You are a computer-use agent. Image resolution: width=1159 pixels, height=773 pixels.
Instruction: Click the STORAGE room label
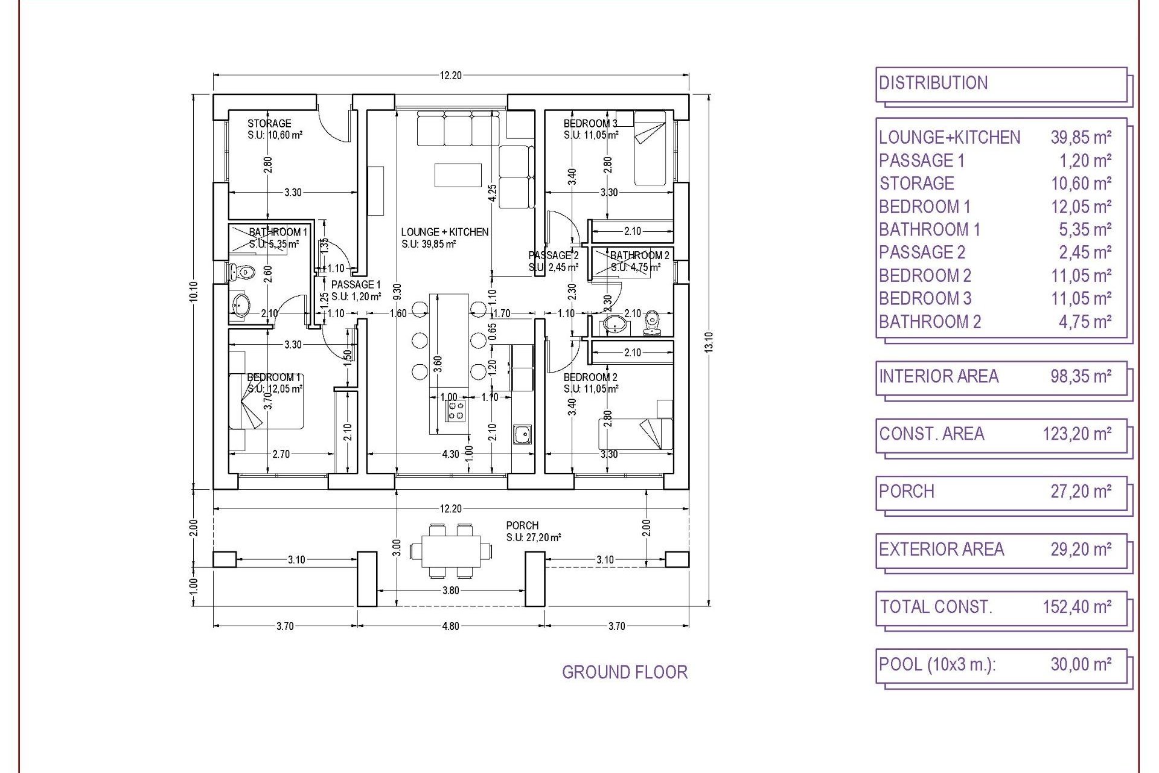click(x=269, y=123)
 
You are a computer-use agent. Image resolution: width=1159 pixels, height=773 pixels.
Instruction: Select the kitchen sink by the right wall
click(x=522, y=433)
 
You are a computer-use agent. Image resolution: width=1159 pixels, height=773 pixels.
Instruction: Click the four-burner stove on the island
click(x=456, y=411)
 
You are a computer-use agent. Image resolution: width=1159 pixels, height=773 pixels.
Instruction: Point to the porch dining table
click(x=451, y=551)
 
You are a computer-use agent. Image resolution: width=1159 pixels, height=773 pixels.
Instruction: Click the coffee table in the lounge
click(x=458, y=175)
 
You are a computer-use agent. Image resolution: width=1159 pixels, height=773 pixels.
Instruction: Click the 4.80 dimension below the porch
click(x=450, y=626)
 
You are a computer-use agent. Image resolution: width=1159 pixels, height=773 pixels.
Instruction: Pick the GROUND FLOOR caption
click(x=625, y=672)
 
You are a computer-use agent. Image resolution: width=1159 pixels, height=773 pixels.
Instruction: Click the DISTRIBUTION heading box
click(x=1001, y=83)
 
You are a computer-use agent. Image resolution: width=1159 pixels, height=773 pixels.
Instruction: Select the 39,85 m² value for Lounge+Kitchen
click(x=1081, y=138)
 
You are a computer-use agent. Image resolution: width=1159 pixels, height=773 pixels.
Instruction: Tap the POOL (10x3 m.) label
click(x=937, y=664)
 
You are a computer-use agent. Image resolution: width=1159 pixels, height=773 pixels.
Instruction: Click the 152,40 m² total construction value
click(x=1077, y=606)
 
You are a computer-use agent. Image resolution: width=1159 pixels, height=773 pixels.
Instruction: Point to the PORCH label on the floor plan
click(x=522, y=525)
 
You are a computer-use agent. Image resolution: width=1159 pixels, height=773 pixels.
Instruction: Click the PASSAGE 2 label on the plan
click(x=553, y=255)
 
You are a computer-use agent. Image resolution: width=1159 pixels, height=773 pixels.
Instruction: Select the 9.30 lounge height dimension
click(x=396, y=292)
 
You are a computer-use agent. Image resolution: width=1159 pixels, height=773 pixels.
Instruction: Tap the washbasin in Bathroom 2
click(x=615, y=324)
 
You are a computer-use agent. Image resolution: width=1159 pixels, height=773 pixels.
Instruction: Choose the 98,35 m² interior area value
click(x=1081, y=376)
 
